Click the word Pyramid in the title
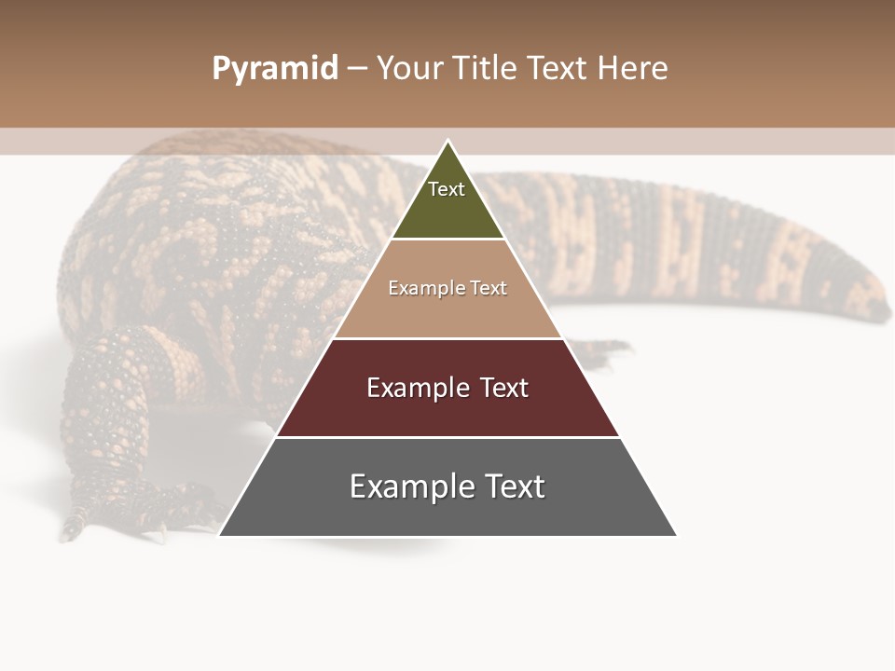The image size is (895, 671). click(x=274, y=69)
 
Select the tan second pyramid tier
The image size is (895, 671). click(x=447, y=308)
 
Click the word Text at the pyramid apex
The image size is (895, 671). click(x=447, y=189)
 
